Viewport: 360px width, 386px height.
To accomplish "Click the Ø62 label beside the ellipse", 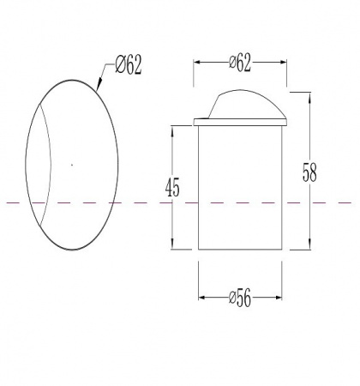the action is click(x=129, y=64).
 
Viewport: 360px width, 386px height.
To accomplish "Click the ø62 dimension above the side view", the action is click(x=240, y=63).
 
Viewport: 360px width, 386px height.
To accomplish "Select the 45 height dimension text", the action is click(x=172, y=187).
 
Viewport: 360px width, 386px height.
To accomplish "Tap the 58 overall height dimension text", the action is click(x=309, y=172).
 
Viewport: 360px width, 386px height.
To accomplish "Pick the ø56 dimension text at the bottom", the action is click(x=240, y=298).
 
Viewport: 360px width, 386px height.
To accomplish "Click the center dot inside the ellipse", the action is click(x=72, y=165).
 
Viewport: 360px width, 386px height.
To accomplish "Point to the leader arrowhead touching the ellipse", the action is click(x=99, y=84).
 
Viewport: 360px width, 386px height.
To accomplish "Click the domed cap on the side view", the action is click(x=248, y=105).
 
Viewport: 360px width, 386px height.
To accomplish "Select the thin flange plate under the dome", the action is click(x=240, y=122).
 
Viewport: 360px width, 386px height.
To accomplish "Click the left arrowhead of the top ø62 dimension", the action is click(x=197, y=62).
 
